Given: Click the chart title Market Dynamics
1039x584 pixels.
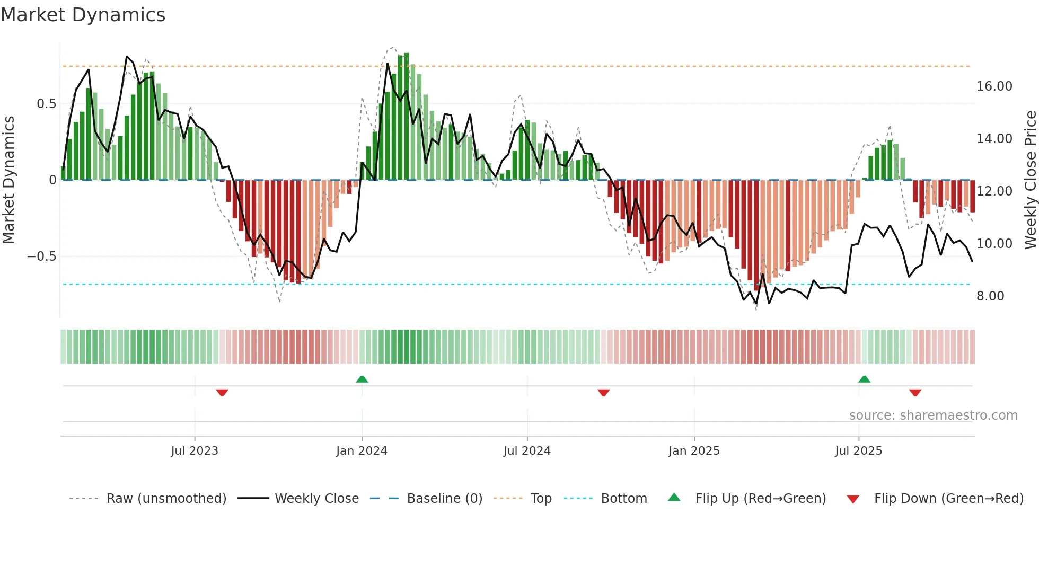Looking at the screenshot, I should click(x=83, y=15).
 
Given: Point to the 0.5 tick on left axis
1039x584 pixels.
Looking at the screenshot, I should click(x=46, y=104).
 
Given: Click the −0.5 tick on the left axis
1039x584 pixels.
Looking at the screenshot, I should click(x=41, y=256).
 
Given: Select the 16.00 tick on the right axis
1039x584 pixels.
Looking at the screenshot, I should click(x=994, y=86).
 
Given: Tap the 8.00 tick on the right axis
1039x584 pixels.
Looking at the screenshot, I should click(x=990, y=296).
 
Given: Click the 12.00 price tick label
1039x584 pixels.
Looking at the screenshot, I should click(x=994, y=191).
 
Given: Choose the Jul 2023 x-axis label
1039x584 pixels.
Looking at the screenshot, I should click(x=195, y=451).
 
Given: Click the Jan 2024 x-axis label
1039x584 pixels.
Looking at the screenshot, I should click(x=362, y=451).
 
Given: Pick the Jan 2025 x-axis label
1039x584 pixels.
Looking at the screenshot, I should click(x=694, y=451).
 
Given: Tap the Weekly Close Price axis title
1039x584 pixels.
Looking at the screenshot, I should click(x=1030, y=180).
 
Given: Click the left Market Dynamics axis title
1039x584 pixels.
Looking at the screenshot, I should click(x=8, y=180).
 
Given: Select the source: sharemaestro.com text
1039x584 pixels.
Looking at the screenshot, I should click(x=933, y=415).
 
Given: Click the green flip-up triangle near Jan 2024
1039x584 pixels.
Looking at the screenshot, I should click(x=362, y=379).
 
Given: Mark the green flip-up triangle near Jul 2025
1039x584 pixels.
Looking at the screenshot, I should click(x=864, y=379).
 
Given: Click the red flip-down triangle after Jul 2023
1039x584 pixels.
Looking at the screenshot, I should click(x=222, y=393).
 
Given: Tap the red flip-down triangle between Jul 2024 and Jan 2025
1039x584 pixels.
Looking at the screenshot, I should click(x=603, y=393).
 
